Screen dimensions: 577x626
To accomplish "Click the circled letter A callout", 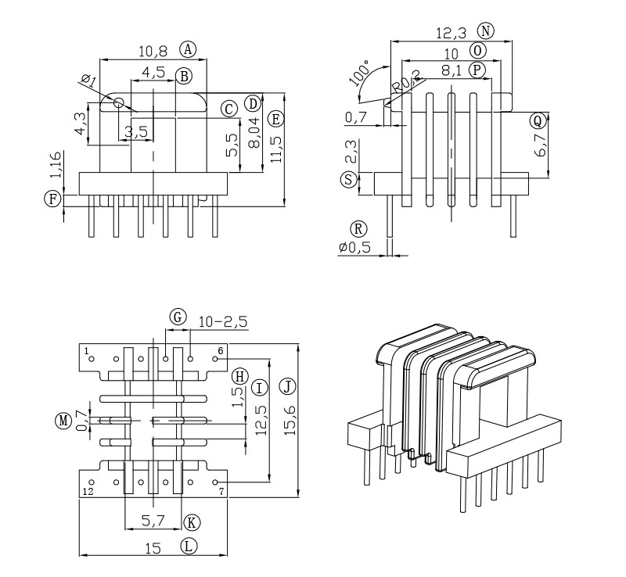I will click(188, 49).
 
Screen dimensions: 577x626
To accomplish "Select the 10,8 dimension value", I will click(153, 51).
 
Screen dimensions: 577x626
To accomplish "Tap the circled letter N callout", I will click(486, 31).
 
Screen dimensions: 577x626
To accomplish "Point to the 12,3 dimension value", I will click(452, 33).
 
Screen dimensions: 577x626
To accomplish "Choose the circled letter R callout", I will click(358, 229).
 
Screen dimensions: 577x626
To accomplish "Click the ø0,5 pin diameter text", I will click(355, 248).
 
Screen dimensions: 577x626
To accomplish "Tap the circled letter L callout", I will click(189, 546).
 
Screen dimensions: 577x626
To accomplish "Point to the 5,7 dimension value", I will click(153, 521).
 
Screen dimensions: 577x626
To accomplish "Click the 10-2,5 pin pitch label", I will click(223, 321).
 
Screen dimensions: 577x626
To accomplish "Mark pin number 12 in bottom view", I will click(88, 492).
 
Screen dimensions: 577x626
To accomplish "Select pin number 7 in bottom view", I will click(221, 492).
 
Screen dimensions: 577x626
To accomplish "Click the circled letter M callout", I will click(63, 421).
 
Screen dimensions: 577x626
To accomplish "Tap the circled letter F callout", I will click(52, 199).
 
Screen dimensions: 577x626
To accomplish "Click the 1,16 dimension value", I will click(53, 167).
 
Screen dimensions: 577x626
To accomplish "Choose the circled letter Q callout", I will click(537, 120).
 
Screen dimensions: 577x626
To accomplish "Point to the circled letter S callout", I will click(348, 179).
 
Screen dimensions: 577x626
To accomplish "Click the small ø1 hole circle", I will click(118, 102).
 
